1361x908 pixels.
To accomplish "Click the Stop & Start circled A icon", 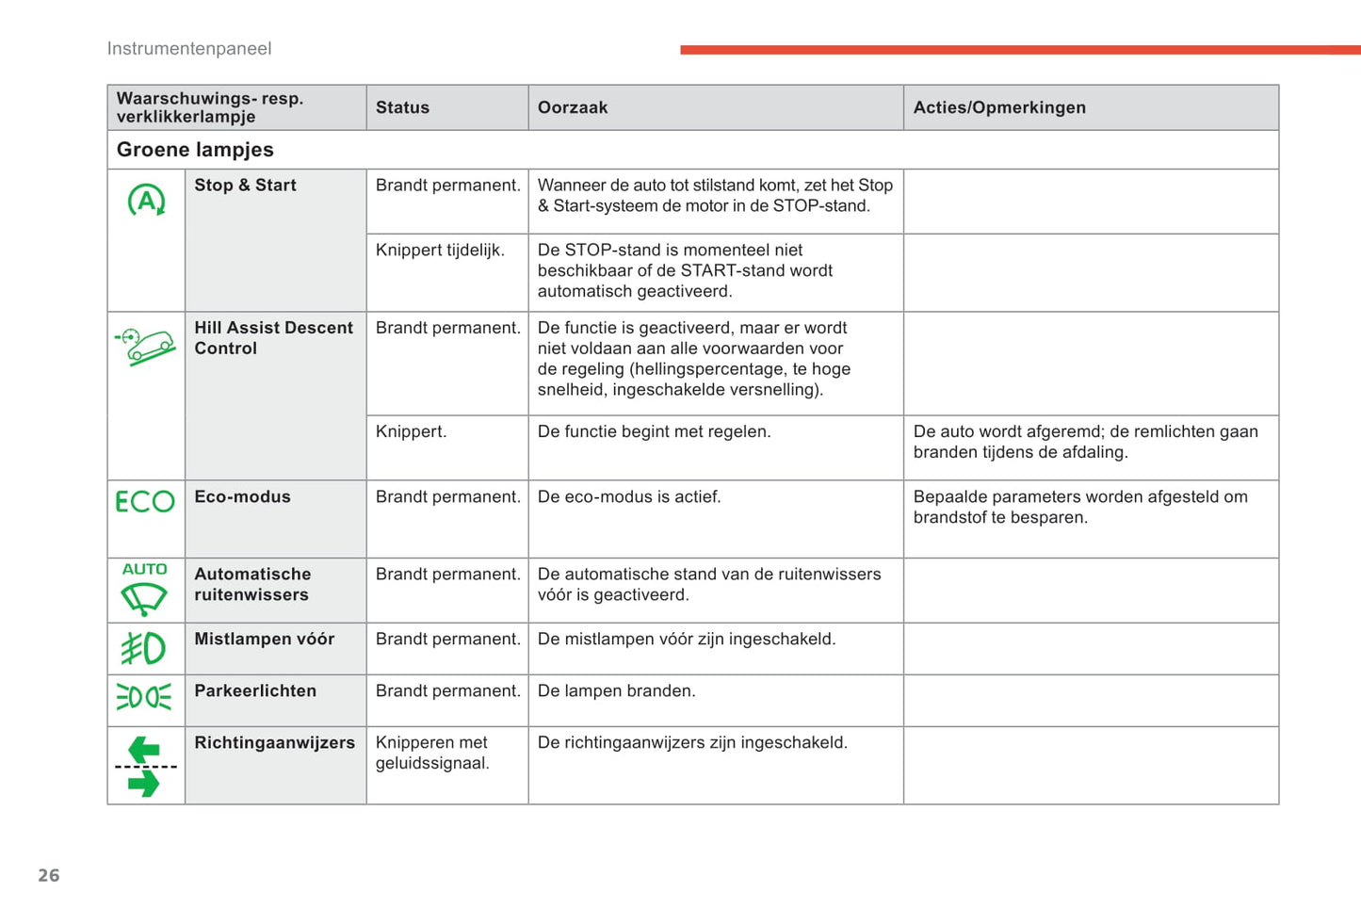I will [x=146, y=201].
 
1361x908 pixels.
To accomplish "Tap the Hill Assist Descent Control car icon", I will [x=146, y=347].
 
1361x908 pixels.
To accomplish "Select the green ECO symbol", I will [x=145, y=501].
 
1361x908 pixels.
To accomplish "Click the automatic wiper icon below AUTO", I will [x=144, y=598].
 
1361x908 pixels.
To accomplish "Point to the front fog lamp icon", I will [x=144, y=648].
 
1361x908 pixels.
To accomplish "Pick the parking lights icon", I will [x=144, y=697].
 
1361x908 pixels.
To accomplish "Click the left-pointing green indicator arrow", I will [x=144, y=750].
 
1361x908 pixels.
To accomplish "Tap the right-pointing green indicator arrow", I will [x=144, y=783].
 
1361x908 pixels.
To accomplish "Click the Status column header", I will [x=402, y=107].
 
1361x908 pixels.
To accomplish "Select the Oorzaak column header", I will [x=573, y=107].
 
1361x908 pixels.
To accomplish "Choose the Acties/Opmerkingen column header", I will [x=999, y=107].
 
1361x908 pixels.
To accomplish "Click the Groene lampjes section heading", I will [x=195, y=150].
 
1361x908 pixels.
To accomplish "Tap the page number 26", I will [x=49, y=875].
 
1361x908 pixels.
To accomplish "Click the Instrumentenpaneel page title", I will [x=189, y=49].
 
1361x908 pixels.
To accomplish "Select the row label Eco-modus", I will [x=242, y=496].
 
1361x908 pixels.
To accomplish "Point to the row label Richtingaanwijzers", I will [x=274, y=742].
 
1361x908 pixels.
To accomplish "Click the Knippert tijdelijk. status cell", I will [x=440, y=250].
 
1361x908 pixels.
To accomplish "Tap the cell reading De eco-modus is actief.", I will [x=629, y=496].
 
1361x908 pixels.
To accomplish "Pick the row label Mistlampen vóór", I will [x=264, y=639].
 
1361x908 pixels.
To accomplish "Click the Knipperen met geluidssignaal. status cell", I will [x=432, y=753].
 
